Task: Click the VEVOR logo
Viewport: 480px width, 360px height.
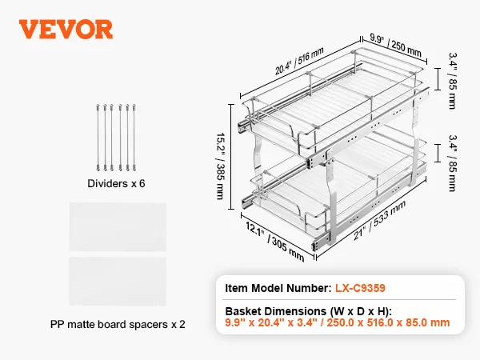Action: pos(66,30)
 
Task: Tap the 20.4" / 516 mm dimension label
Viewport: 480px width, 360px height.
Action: pos(299,61)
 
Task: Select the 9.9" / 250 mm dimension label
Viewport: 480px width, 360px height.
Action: pos(395,46)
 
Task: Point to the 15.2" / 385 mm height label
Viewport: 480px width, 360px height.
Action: pos(221,166)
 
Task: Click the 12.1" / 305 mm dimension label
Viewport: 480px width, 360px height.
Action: pos(275,242)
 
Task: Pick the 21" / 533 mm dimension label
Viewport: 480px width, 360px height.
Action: pos(379,220)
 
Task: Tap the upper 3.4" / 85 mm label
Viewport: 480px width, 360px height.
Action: pos(453,81)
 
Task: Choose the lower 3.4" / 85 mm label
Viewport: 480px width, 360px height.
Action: pos(453,163)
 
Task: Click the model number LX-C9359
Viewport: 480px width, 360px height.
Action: pos(360,288)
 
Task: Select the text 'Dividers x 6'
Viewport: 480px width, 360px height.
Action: pos(116,183)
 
